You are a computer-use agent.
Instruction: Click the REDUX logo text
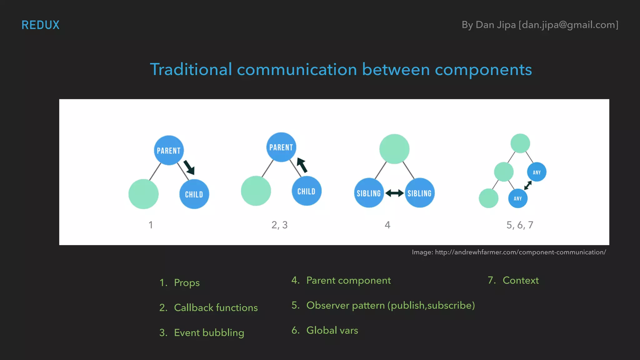[x=40, y=25]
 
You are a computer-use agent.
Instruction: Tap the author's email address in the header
[x=568, y=25]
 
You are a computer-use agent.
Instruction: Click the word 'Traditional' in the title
[x=191, y=69]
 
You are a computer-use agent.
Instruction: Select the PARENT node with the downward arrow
[x=169, y=150]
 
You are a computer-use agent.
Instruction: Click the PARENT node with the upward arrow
[x=281, y=147]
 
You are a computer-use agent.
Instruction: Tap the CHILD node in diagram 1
[x=194, y=194]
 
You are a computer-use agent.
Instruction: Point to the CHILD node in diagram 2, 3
[x=306, y=191]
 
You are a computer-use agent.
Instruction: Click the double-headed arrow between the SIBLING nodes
[x=394, y=193]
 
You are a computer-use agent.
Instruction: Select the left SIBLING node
[x=369, y=193]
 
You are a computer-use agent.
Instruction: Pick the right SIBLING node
[x=420, y=193]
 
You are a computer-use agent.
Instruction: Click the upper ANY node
[x=537, y=172]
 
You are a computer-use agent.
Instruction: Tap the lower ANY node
[x=518, y=198]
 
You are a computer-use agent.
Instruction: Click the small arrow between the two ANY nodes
[x=528, y=185]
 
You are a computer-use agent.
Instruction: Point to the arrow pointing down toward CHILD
[x=189, y=167]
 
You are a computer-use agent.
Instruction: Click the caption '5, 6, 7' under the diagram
[x=520, y=225]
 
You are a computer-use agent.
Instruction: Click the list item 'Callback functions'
[x=216, y=307]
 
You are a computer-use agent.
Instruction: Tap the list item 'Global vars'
[x=332, y=330]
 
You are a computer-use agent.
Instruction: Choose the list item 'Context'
[x=520, y=280]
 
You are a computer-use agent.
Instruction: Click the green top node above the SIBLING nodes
[x=394, y=149]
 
